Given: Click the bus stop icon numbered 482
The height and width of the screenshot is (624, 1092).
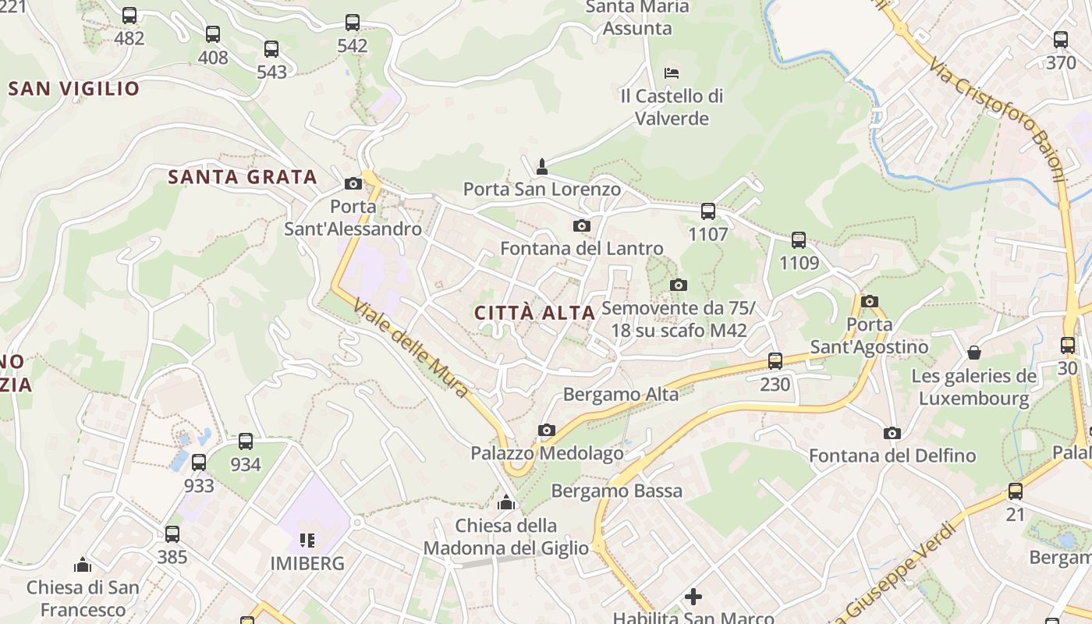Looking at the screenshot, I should click(129, 16).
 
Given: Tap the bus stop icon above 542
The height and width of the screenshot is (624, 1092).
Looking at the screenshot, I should click(353, 23).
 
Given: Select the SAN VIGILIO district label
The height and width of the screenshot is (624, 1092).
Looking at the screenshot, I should click(73, 88).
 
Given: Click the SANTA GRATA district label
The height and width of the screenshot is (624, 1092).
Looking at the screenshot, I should click(243, 177).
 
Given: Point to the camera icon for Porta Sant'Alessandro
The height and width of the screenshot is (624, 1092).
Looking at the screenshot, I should click(353, 184).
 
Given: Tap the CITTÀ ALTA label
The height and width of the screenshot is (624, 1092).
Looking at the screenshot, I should click(535, 313).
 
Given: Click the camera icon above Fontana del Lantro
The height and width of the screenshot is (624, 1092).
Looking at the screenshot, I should click(581, 226).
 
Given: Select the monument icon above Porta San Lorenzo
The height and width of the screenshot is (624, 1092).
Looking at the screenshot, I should click(542, 166).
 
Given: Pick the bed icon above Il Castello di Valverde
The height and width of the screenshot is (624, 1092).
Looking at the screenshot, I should click(672, 73).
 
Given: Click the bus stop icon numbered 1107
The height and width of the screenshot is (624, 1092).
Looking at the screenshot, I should click(708, 211).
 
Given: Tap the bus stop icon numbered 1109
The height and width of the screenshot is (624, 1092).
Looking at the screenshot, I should click(799, 240).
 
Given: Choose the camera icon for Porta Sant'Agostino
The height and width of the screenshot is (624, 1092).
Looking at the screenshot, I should click(870, 301).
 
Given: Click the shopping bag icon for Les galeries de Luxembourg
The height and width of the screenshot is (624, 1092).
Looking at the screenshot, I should click(973, 353).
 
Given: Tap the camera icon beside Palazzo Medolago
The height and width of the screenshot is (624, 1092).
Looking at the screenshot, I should click(547, 430).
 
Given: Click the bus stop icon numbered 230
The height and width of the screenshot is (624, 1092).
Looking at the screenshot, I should click(775, 361).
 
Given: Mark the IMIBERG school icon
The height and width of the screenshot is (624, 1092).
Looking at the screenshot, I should click(307, 540).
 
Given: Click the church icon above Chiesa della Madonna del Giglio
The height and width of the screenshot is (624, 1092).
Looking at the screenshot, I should click(506, 502).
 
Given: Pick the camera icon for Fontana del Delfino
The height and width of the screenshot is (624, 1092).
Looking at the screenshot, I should click(892, 433).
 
